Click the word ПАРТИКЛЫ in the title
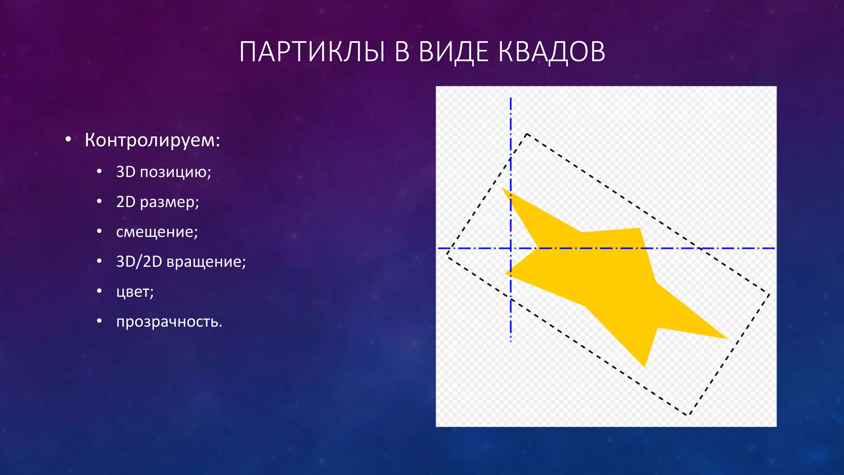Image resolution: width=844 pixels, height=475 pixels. point(312,52)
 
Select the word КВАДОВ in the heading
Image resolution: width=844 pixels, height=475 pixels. point(552,52)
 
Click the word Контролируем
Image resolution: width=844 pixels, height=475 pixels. point(152,140)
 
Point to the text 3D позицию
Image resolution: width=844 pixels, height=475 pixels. point(164,172)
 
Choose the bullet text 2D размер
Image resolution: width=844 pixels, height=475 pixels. point(157,202)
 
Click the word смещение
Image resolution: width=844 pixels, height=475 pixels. point(157,232)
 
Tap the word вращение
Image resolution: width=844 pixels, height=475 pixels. point(206,262)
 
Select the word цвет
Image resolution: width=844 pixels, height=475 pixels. point(135,292)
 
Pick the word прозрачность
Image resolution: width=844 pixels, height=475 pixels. point(169,322)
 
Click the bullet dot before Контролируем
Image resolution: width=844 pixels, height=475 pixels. point(68,140)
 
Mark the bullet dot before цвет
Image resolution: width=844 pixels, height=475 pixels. point(99,291)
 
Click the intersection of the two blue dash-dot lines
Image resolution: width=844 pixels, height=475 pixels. point(511,248)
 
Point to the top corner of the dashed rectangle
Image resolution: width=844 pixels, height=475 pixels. point(527,134)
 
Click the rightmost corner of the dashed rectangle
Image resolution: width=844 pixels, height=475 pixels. point(769,294)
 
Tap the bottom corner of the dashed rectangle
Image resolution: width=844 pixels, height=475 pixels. point(687,415)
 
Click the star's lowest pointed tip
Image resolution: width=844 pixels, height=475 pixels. point(645,367)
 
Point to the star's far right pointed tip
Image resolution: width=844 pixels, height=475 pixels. point(727,339)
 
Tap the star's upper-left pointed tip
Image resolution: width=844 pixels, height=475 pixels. point(502,188)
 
